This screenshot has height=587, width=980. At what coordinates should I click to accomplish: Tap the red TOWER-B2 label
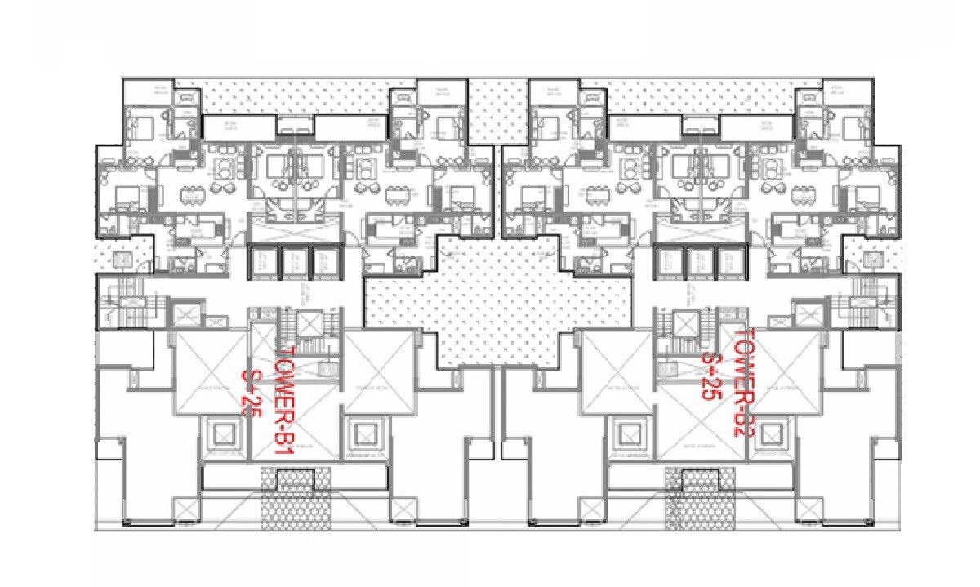point(742,384)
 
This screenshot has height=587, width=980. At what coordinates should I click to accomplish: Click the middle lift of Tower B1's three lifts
point(292,263)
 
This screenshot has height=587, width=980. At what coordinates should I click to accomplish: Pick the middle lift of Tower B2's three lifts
point(700,263)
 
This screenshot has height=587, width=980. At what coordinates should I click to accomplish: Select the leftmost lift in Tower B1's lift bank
point(263,263)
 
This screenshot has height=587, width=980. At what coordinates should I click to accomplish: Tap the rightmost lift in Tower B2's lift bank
point(729,263)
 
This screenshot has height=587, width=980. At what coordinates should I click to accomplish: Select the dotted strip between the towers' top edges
point(497,110)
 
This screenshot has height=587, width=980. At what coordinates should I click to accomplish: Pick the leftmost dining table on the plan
point(190,196)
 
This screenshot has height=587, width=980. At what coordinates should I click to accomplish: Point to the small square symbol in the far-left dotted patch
point(120,260)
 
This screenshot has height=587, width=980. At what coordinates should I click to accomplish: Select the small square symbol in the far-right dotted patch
point(871,260)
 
